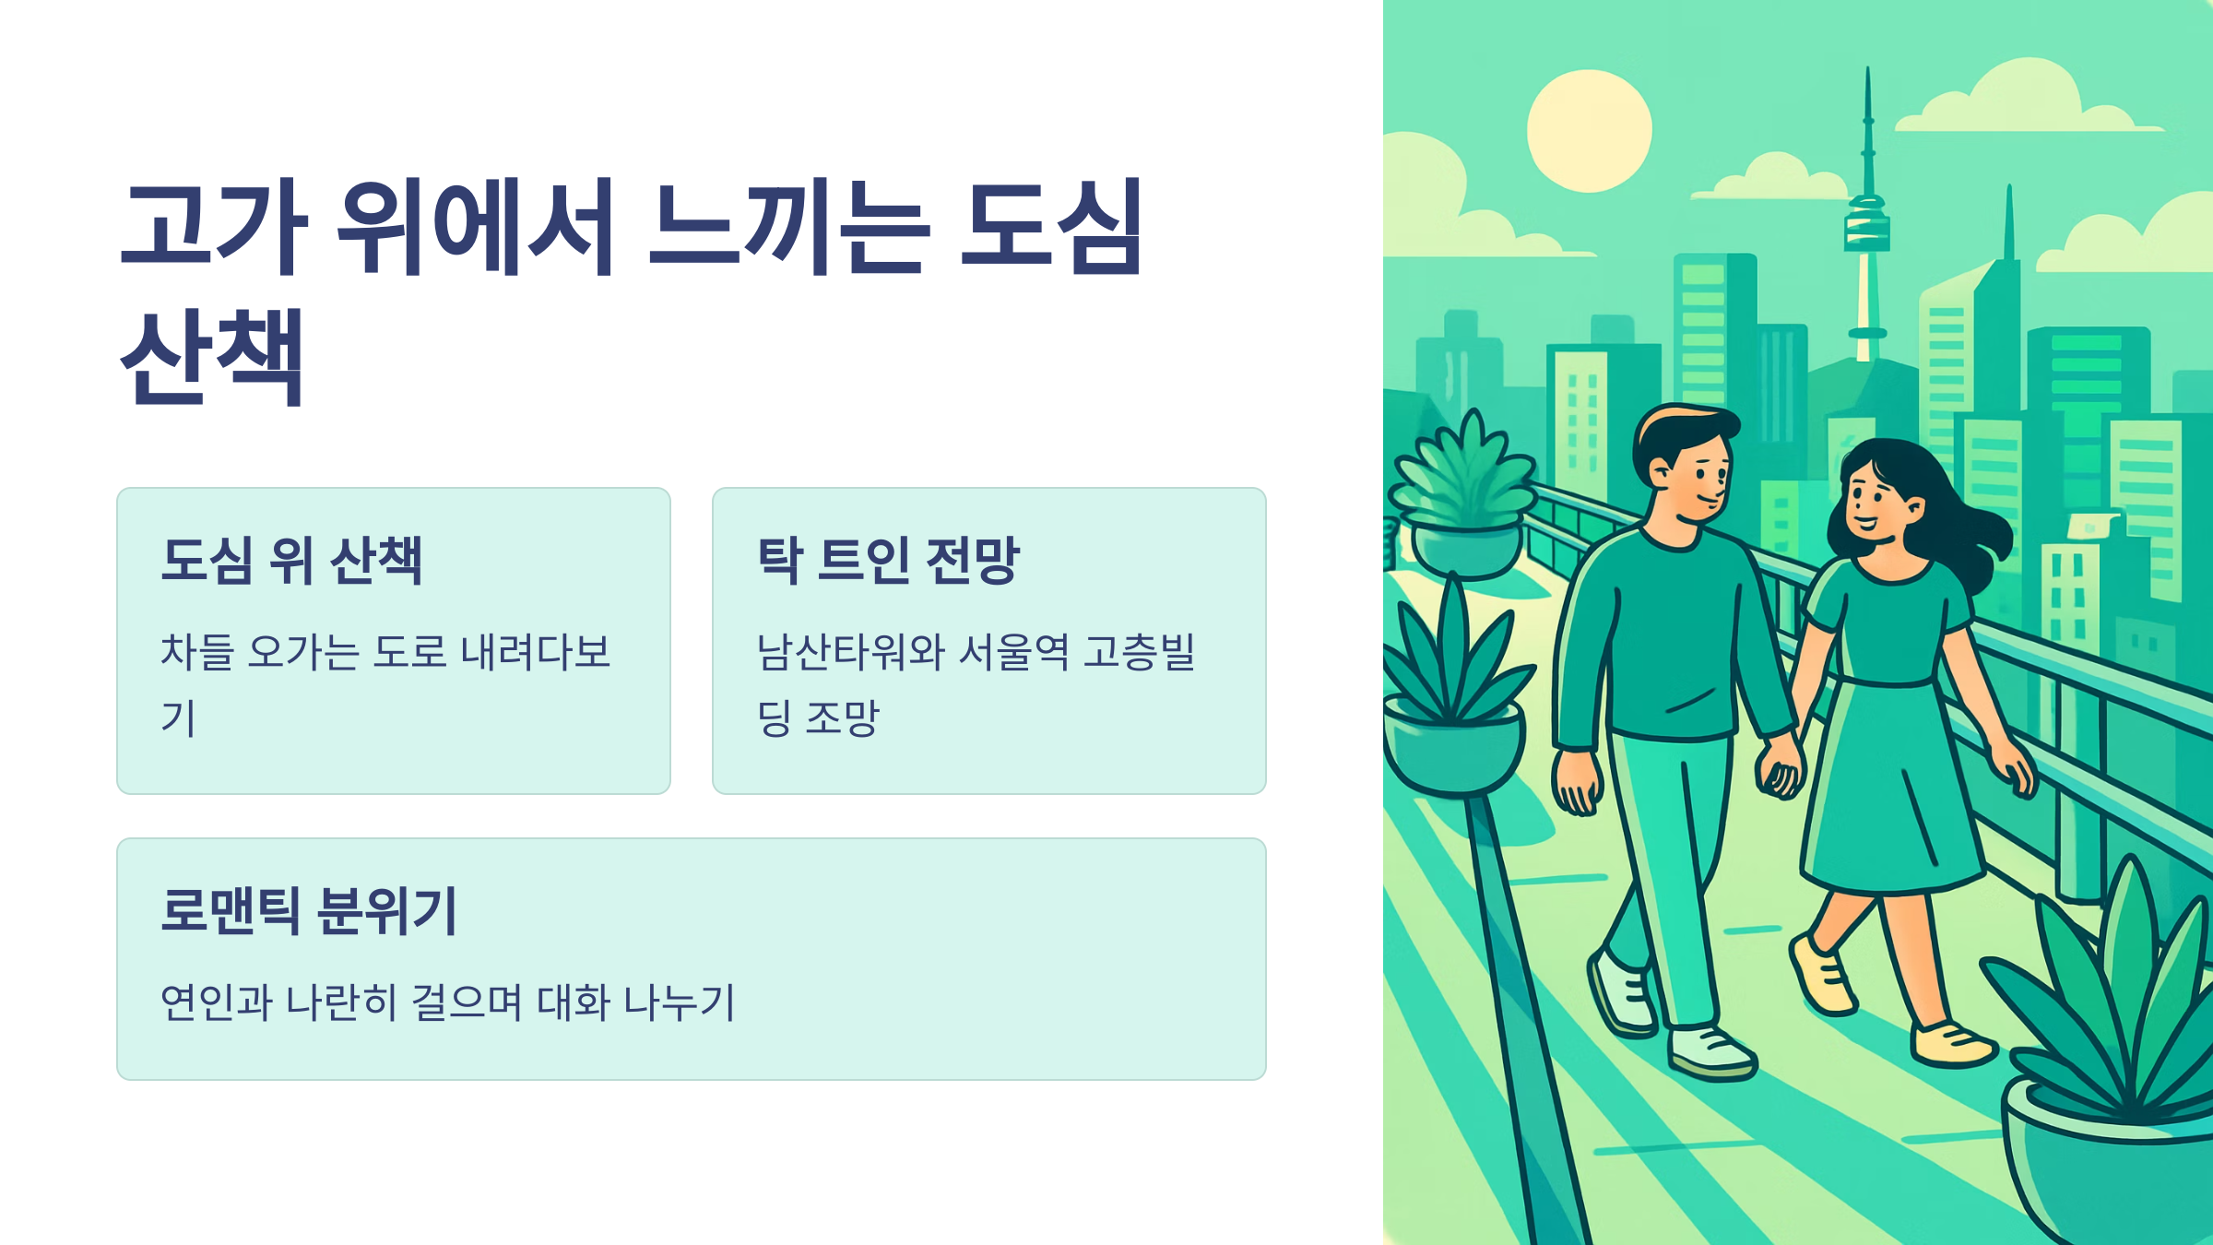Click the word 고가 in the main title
pos(214,227)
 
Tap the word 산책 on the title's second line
pos(212,358)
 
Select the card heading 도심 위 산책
pos(291,560)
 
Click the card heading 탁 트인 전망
pos(888,560)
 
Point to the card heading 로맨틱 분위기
pos(309,910)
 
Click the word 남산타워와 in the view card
pos(851,652)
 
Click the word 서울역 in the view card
pos(1014,652)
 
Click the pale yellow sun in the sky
pos(1589,131)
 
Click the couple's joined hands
pos(1780,770)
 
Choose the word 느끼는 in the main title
pos(789,227)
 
